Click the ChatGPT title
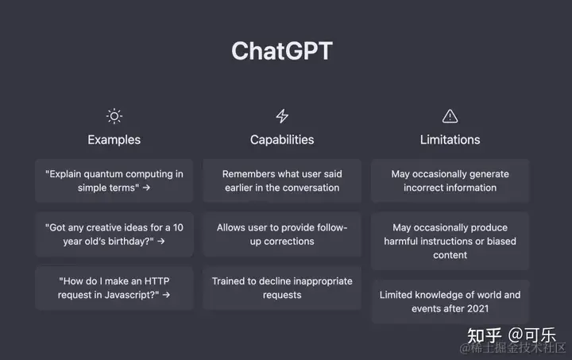pyautogui.click(x=282, y=51)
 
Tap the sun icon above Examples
pyautogui.click(x=114, y=116)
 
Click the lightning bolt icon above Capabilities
pyautogui.click(x=282, y=116)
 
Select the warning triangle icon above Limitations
pyautogui.click(x=450, y=116)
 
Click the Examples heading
pyautogui.click(x=114, y=140)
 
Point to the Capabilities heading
pyautogui.click(x=282, y=140)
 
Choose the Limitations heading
pyautogui.click(x=450, y=140)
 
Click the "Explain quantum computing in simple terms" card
pyautogui.click(x=114, y=180)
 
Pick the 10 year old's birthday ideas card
pyautogui.click(x=114, y=234)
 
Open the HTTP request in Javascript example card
pyautogui.click(x=114, y=288)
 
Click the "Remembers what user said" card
pyautogui.click(x=282, y=180)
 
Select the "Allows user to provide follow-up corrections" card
pyautogui.click(x=282, y=234)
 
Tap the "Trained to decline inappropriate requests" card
pyautogui.click(x=282, y=288)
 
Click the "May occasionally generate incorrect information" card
pyautogui.click(x=450, y=180)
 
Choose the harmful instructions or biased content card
pyautogui.click(x=450, y=241)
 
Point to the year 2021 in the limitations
pyautogui.click(x=478, y=308)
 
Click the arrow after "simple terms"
pyautogui.click(x=146, y=188)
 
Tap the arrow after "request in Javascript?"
pyautogui.click(x=166, y=295)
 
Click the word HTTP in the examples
pyautogui.click(x=157, y=281)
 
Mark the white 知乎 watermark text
pyautogui.click(x=485, y=335)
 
